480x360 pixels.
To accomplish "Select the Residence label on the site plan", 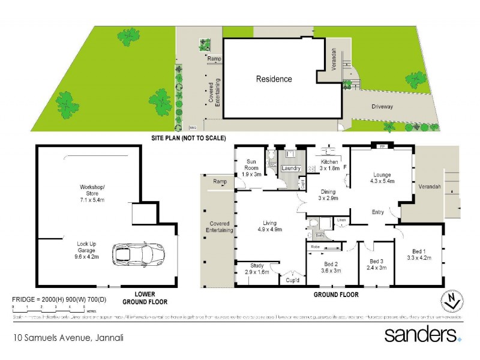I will (274, 79).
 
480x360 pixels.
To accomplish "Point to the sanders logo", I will (422, 334).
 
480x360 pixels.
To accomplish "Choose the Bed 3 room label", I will (376, 264).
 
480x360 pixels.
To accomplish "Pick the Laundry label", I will (290, 169).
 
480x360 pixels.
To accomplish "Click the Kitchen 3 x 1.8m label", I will (329, 166).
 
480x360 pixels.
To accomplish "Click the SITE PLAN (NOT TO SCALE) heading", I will (188, 138).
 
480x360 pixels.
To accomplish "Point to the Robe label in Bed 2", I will (315, 247).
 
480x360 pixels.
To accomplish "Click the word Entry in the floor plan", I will (378, 212).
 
